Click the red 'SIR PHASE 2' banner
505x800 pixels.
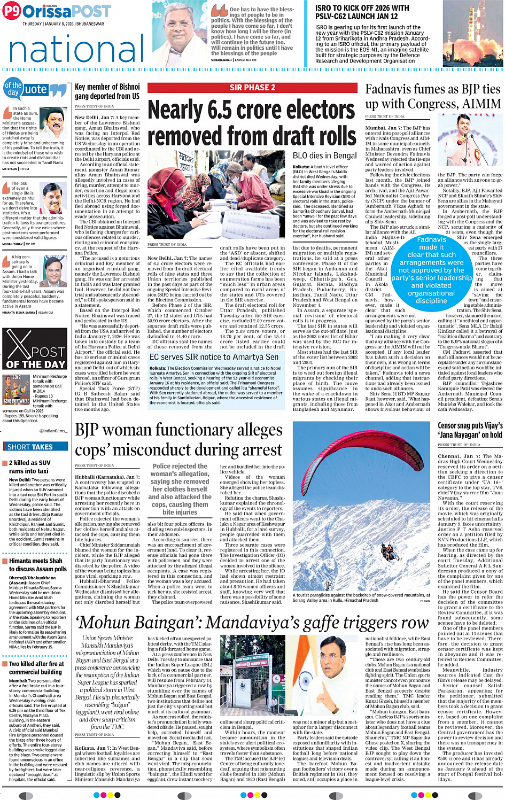[x=252, y=88]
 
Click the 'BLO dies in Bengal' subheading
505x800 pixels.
[x=324, y=156]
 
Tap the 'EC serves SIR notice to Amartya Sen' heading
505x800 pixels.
[x=214, y=357]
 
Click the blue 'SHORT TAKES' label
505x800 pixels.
[x=30, y=447]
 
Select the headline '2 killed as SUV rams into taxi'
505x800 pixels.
[x=30, y=467]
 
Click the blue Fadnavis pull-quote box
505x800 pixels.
[x=431, y=270]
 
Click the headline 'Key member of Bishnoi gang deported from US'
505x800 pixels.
[x=107, y=91]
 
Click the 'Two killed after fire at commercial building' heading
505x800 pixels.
[x=36, y=667]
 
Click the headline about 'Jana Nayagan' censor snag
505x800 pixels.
[x=470, y=430]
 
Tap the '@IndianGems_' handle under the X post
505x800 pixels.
[x=52, y=430]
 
